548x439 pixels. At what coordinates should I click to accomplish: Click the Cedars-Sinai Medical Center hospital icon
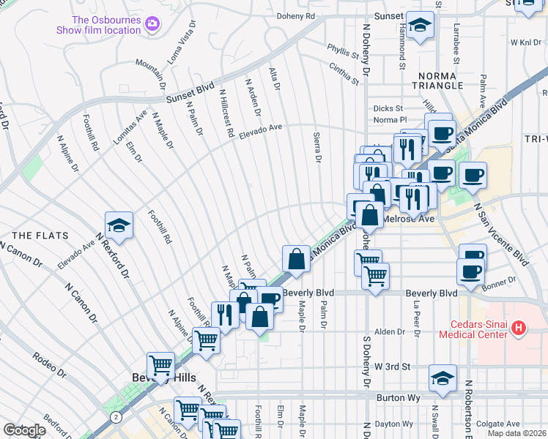click(x=519, y=329)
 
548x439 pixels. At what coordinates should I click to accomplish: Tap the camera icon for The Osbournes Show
click(x=152, y=24)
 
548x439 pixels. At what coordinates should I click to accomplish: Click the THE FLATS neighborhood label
click(x=40, y=236)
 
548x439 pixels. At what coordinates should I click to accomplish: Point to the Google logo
click(x=24, y=430)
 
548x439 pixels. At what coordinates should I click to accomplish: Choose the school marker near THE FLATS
click(x=119, y=226)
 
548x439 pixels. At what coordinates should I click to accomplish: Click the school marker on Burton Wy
click(x=443, y=378)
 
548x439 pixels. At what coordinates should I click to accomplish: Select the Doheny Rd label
click(x=296, y=15)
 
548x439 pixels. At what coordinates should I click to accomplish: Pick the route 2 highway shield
click(x=116, y=417)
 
